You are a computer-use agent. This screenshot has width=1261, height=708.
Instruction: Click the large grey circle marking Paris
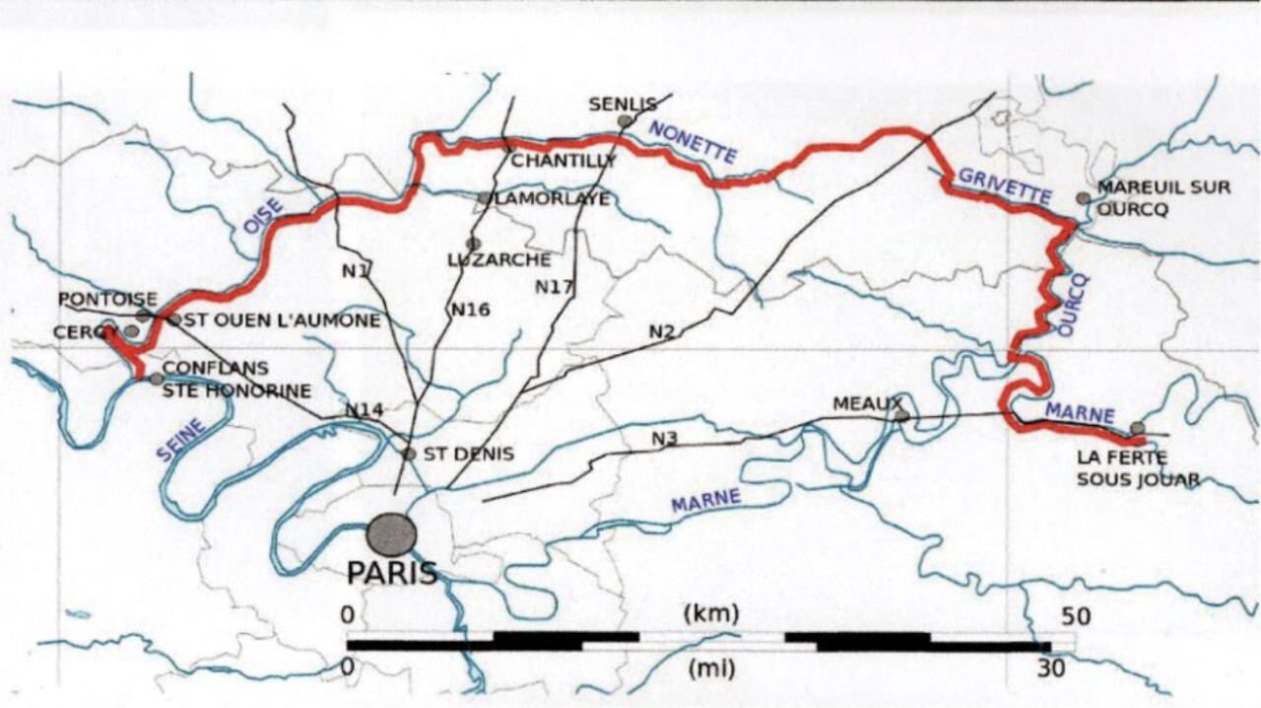[391, 533]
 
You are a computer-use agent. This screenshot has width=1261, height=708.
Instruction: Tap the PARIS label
[391, 573]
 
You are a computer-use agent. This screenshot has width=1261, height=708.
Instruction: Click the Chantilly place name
[563, 160]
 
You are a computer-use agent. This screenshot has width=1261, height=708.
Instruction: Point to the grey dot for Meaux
[901, 416]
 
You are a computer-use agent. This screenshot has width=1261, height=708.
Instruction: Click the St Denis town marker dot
[409, 454]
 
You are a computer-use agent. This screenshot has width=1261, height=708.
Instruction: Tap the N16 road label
[471, 309]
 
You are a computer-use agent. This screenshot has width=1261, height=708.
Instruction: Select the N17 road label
[555, 286]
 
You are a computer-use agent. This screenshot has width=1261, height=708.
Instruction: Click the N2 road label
[661, 331]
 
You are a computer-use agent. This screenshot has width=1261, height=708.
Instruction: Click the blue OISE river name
[263, 215]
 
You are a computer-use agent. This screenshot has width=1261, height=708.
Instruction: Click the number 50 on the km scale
[1076, 616]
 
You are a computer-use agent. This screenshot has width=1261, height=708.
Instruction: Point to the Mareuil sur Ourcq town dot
[1084, 198]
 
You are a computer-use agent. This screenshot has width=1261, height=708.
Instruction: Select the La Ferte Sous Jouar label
[1138, 469]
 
